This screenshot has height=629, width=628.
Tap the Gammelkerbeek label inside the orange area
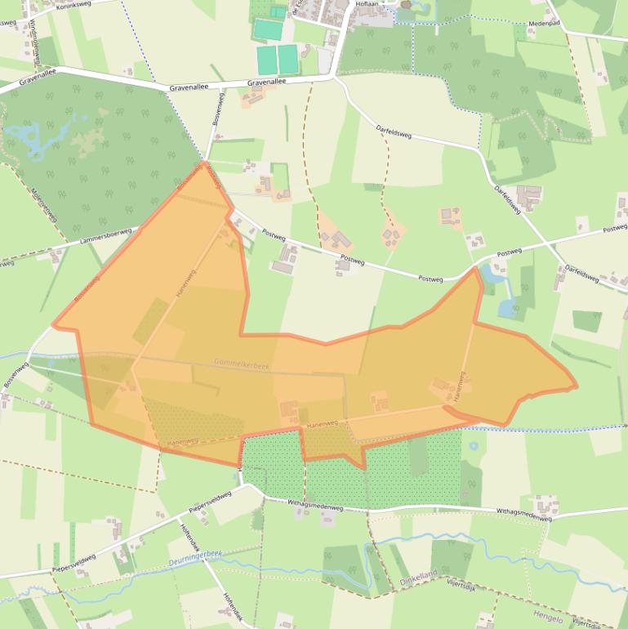(x=241, y=364)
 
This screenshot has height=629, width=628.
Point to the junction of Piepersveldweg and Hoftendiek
(x=180, y=516)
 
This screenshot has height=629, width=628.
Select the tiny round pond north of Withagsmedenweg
(x=473, y=447)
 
